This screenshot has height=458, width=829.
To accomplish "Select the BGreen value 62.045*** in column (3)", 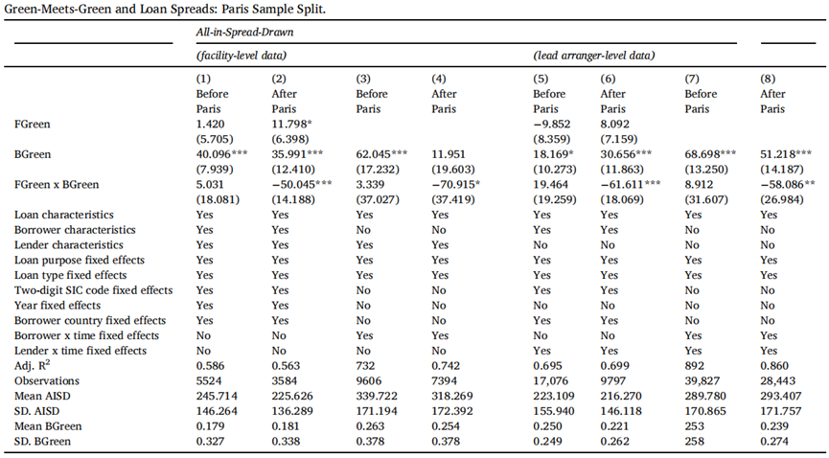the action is (x=381, y=154).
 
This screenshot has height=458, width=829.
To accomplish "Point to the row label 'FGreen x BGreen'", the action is (x=57, y=185).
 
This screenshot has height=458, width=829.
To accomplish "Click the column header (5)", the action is (x=541, y=79).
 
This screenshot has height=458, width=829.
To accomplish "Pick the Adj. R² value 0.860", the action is (x=774, y=365).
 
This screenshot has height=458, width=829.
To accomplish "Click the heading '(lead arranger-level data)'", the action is (x=594, y=55).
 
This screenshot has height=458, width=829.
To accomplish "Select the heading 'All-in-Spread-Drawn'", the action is (x=244, y=32).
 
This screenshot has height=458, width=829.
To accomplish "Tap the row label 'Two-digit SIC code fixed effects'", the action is (x=94, y=290).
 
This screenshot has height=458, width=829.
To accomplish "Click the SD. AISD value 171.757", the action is (x=781, y=411).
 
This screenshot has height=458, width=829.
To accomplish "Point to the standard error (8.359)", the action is (x=551, y=139).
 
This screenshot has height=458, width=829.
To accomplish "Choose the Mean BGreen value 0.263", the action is (x=370, y=425).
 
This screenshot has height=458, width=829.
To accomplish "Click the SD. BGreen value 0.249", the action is (x=546, y=441).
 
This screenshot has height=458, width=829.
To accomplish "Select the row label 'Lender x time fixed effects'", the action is (x=81, y=351).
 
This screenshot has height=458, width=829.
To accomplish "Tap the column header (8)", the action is (x=769, y=79).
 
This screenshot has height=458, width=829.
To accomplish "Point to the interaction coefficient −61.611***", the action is (x=631, y=185).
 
